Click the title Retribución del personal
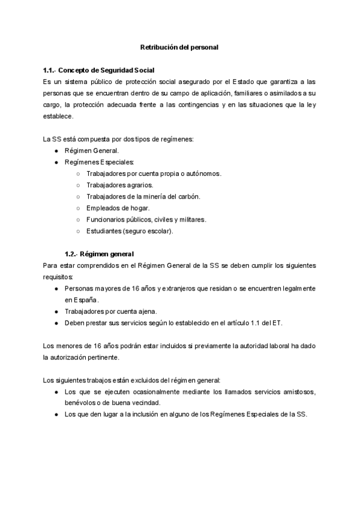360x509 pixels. click(x=179, y=46)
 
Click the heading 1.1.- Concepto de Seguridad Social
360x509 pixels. click(x=98, y=70)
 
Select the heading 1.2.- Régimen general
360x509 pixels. click(x=99, y=253)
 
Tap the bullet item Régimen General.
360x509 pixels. click(x=92, y=151)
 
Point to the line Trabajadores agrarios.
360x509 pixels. click(x=119, y=185)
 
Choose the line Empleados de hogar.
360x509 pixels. click(x=118, y=208)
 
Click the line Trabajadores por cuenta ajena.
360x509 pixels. click(x=110, y=311)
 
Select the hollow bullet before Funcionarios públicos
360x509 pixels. click(x=78, y=219)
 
